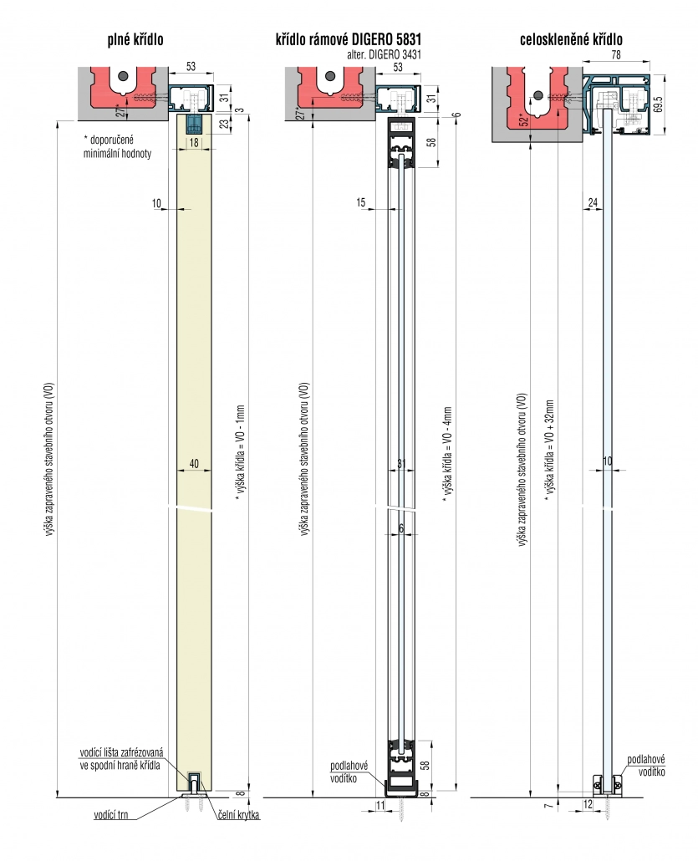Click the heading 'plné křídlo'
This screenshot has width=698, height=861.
pyautogui.click(x=135, y=39)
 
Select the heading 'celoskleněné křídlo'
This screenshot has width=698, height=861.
pyautogui.click(x=571, y=39)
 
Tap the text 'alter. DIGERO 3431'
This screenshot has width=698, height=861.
pyautogui.click(x=384, y=54)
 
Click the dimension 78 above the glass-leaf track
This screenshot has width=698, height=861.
pyautogui.click(x=615, y=54)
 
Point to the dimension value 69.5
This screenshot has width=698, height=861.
pyautogui.click(x=659, y=104)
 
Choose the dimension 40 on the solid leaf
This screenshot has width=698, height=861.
pyautogui.click(x=194, y=464)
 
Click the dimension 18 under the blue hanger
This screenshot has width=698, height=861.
pyautogui.click(x=194, y=142)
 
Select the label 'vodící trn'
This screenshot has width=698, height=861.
pyautogui.click(x=111, y=815)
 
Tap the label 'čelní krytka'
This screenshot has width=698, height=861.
pyautogui.click(x=238, y=815)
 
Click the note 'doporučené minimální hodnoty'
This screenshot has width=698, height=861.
pyautogui.click(x=117, y=146)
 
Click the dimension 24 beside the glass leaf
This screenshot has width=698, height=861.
pyautogui.click(x=593, y=202)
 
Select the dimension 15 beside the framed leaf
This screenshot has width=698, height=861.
pyautogui.click(x=361, y=202)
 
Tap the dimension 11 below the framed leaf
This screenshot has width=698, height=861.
pyautogui.click(x=380, y=805)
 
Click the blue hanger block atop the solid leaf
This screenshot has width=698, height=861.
pyautogui.click(x=194, y=125)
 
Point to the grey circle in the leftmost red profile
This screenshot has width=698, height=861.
pyautogui.click(x=125, y=75)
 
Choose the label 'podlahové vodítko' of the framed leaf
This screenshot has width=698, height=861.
pyautogui.click(x=349, y=772)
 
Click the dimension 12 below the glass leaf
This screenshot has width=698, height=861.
pyautogui.click(x=588, y=804)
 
